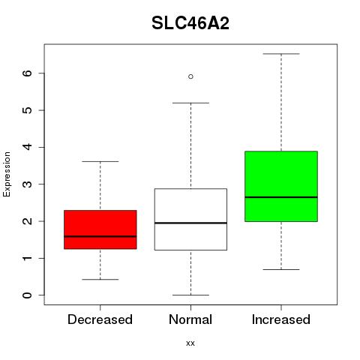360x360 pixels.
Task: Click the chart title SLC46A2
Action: [190, 23]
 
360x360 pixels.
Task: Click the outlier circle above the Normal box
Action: [190, 76]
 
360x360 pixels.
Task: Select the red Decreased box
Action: [100, 229]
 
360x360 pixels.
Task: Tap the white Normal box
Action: [190, 219]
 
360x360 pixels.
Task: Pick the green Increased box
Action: [281, 186]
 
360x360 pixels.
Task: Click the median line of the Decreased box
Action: [100, 236]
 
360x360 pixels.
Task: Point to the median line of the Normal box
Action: [190, 223]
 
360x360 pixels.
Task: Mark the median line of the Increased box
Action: [281, 197]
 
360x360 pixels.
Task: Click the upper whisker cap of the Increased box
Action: [281, 54]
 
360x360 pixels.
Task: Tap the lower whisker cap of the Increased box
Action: [281, 269]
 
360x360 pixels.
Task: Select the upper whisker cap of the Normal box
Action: [190, 103]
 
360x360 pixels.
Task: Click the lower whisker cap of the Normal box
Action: [190, 295]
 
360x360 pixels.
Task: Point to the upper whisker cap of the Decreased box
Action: [100, 161]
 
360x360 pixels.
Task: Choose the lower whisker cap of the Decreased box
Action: [100, 279]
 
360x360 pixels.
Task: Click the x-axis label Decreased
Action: [100, 319]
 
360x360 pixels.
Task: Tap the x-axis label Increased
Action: [281, 319]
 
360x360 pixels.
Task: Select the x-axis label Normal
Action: [190, 319]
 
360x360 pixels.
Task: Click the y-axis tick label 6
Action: [28, 73]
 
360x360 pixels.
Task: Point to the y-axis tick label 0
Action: [28, 295]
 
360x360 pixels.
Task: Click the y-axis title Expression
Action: [7, 174]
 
